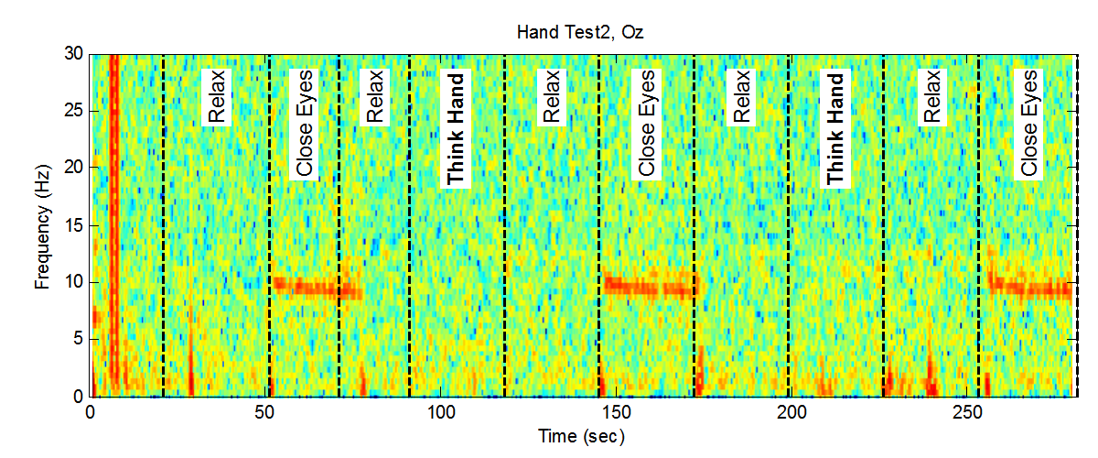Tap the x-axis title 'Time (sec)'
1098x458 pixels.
click(x=583, y=437)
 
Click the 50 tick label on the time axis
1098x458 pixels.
click(x=265, y=412)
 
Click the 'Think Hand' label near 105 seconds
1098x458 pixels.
click(x=456, y=129)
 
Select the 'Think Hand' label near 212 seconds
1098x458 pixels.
click(x=835, y=129)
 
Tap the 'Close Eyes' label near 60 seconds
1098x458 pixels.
click(x=305, y=123)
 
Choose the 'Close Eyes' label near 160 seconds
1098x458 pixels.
click(x=647, y=123)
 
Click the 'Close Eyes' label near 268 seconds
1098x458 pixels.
click(x=1030, y=123)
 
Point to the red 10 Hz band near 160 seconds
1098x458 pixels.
click(x=648, y=289)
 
